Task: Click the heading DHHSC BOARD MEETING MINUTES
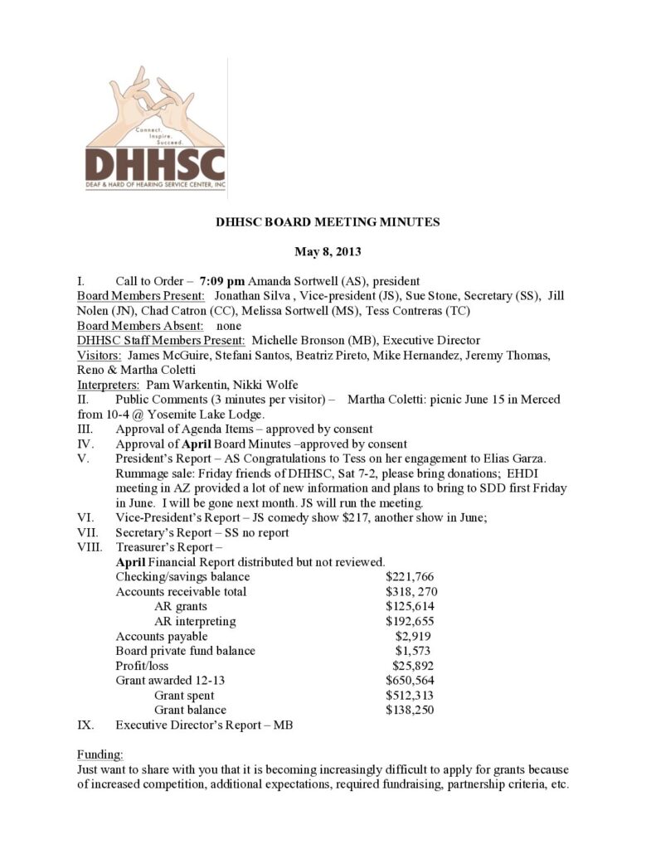(x=328, y=222)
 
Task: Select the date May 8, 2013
(x=328, y=251)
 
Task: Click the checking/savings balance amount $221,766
(x=410, y=577)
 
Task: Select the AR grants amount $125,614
(x=410, y=607)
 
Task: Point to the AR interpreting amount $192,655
(x=410, y=621)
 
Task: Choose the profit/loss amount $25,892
(x=413, y=666)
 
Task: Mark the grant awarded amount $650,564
(x=410, y=681)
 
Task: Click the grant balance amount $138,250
(x=410, y=711)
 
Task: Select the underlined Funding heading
(x=100, y=754)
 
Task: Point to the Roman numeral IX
(x=85, y=725)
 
